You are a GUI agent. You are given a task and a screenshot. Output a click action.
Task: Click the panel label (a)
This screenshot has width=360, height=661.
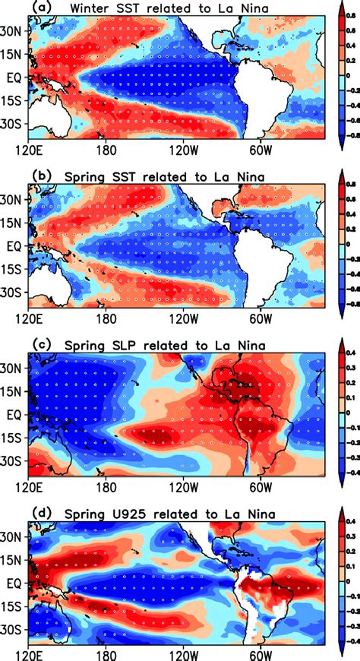tap(39, 8)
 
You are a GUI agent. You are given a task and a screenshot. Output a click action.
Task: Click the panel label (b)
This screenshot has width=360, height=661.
tap(39, 179)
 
